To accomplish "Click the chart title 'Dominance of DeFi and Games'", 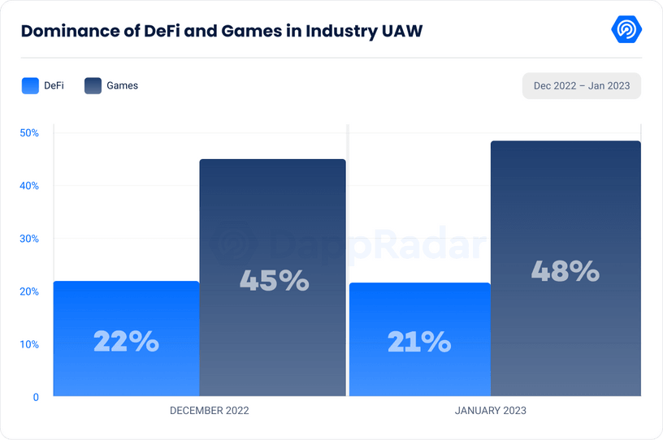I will click(221, 32).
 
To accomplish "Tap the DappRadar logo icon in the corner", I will click(626, 30).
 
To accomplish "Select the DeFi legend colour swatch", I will click(31, 85).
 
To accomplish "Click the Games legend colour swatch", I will click(93, 85).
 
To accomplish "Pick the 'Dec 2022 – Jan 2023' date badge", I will click(581, 85).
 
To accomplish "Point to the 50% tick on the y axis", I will click(29, 132).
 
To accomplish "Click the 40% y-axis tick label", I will click(29, 186).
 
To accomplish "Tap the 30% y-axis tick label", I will click(29, 239).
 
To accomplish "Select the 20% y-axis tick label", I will click(29, 291).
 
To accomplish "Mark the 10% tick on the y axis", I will click(29, 344).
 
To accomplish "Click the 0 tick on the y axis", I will click(36, 397).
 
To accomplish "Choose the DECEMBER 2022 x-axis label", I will click(209, 411).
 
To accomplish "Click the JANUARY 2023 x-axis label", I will click(490, 411).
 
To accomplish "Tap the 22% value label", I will click(126, 342).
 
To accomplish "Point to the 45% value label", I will click(274, 281).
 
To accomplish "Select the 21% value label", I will click(418, 342).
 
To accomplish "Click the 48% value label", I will click(565, 271).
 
